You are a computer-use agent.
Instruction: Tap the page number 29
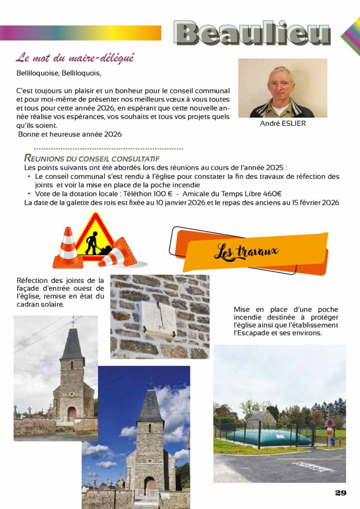coord(341,493)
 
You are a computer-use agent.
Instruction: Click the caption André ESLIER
coord(283,123)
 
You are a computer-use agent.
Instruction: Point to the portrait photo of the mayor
coord(282,88)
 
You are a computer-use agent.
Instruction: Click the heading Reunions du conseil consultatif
coord(91,159)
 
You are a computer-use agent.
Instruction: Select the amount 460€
coord(272,193)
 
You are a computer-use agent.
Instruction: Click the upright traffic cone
coord(68,249)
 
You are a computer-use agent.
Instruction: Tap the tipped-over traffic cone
coord(120,253)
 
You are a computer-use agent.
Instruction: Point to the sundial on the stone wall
coord(158,318)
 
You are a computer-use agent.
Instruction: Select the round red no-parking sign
coord(329,424)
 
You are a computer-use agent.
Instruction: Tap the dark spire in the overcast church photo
coord(72,345)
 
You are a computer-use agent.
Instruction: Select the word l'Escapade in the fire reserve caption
coord(251,333)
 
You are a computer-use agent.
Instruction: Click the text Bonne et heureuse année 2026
coord(70,134)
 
